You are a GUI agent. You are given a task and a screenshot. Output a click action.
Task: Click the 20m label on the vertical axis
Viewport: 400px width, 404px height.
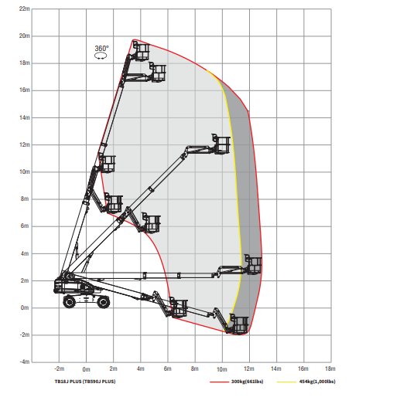(25, 36)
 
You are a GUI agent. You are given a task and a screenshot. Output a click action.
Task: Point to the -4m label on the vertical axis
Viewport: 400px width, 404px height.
(25, 362)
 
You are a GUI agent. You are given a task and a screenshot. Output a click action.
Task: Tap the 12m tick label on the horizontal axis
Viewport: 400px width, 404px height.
(249, 368)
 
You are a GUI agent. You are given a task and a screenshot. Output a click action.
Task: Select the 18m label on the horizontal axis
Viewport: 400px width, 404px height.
(330, 368)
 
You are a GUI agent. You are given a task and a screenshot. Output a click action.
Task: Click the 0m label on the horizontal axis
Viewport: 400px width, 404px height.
(86, 369)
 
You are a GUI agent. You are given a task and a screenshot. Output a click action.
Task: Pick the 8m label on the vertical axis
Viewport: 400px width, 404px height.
(25, 199)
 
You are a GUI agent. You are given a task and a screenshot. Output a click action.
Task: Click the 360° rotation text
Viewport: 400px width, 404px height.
(101, 48)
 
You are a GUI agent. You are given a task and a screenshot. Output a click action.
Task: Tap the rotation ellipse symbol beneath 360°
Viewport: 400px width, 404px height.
(101, 56)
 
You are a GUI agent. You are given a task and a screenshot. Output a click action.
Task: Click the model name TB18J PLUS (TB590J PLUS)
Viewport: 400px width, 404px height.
(85, 382)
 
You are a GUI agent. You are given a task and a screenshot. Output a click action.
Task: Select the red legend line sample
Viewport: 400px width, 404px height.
(220, 382)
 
